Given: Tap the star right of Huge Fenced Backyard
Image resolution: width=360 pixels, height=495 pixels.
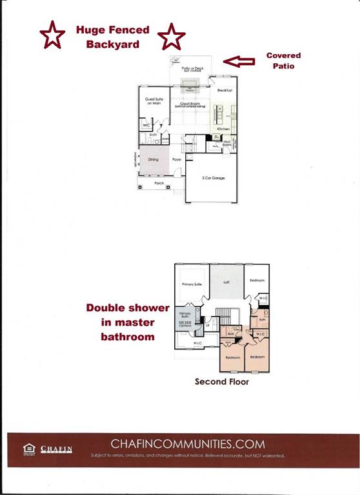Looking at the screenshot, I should (172, 37).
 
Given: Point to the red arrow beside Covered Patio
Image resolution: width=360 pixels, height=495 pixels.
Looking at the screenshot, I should (239, 61).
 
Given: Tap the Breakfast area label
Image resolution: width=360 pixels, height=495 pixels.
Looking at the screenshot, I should (225, 90).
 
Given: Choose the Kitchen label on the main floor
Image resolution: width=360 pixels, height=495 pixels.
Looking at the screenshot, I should (223, 130).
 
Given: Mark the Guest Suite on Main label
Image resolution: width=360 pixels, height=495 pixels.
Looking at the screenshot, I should (153, 101).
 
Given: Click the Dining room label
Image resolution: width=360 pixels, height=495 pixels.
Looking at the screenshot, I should (154, 159).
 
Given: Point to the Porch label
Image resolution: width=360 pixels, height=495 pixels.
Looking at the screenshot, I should (159, 183).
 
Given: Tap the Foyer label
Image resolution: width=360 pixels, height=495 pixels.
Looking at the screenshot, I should (177, 159).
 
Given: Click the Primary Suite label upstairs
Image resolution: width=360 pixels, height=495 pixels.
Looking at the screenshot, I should (193, 284).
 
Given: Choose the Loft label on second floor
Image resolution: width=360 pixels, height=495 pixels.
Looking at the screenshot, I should (226, 281).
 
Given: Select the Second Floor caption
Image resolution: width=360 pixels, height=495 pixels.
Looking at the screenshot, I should (221, 382).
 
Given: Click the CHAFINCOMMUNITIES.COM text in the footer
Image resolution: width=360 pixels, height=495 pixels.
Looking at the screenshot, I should (188, 443).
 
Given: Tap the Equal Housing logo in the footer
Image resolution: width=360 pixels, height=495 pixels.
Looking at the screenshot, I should (28, 449).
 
